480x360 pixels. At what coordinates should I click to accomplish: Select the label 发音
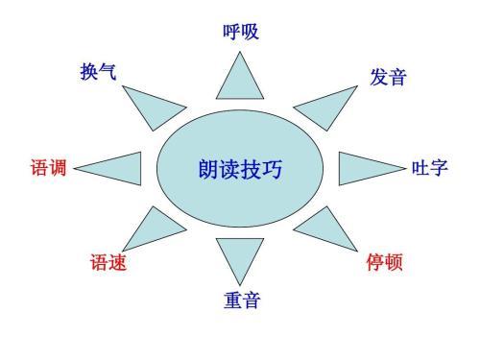388,78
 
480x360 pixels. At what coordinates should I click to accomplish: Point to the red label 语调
47,169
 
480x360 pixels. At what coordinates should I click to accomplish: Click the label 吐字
429,169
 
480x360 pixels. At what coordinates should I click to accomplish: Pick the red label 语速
108,262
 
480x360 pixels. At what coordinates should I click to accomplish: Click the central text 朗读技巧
240,170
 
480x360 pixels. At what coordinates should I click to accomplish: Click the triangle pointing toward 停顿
326,230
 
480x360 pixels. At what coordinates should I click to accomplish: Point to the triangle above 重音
239,257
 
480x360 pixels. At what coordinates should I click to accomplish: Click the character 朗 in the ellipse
208,170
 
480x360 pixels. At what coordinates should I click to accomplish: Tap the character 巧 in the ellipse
272,170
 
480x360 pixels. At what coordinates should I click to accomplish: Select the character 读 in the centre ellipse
229,170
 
